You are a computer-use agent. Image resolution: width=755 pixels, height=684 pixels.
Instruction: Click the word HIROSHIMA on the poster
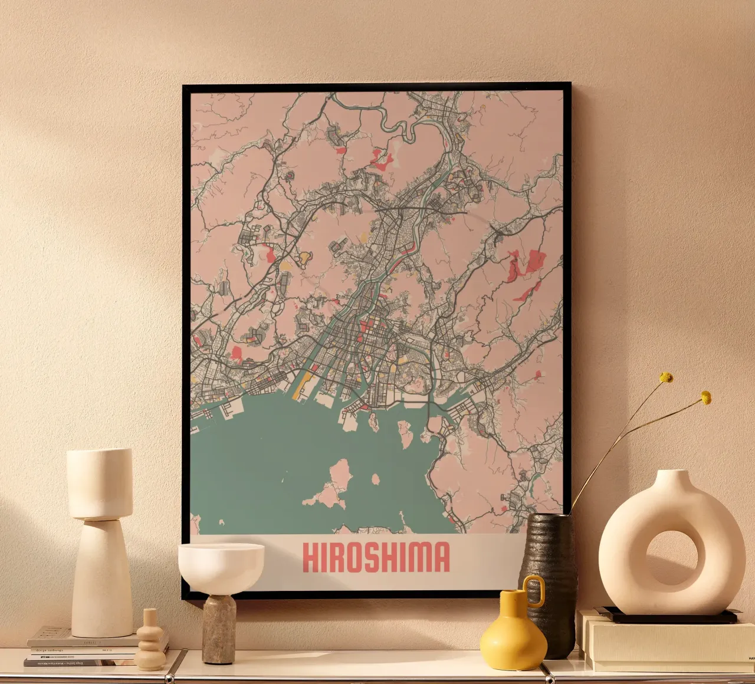(x=376, y=557)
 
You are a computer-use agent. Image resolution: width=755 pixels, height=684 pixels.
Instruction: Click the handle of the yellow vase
(x=535, y=590)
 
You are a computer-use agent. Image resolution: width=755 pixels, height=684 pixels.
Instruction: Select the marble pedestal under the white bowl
(x=219, y=629)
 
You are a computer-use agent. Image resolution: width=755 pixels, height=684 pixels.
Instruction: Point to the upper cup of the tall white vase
(x=99, y=484)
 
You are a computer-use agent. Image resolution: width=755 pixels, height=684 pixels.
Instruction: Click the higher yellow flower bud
(x=667, y=377)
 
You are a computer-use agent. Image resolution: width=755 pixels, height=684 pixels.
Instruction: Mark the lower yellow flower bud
(x=705, y=398)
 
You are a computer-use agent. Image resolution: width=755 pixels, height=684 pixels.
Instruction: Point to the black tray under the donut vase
(x=667, y=616)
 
